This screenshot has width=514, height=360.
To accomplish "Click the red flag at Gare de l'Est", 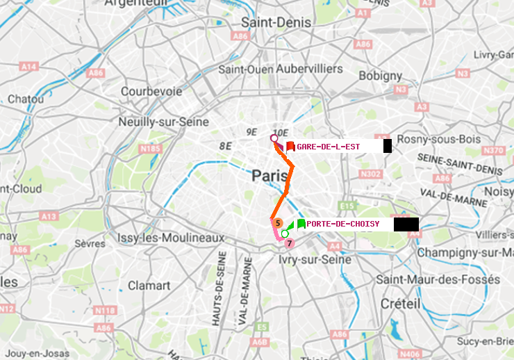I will pyautogui.click(x=290, y=146).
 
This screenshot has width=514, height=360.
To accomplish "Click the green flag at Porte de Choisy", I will pyautogui.click(x=301, y=224).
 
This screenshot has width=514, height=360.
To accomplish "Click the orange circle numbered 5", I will pyautogui.click(x=278, y=223).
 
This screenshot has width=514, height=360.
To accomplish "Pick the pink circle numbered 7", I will pyautogui.click(x=290, y=243).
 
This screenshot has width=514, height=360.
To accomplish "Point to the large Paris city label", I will pyautogui.click(x=270, y=177).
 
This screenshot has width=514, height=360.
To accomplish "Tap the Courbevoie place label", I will pyautogui.click(x=151, y=91).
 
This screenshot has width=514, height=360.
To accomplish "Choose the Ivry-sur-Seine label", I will pyautogui.click(x=315, y=259).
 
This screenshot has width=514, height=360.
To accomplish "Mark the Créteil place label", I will pyautogui.click(x=400, y=304).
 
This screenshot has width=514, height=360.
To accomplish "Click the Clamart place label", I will pyautogui.click(x=149, y=285).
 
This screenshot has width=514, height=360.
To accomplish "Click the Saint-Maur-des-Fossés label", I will pyautogui.click(x=438, y=279).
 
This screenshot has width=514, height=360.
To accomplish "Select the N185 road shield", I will pyautogui.click(x=150, y=149).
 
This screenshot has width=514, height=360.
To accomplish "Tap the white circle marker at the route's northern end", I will pyautogui.click(x=274, y=139).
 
